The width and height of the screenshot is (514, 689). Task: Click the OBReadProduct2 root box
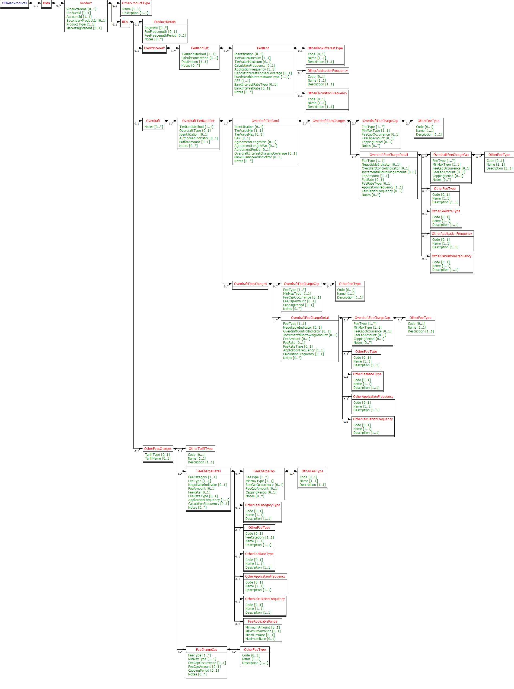[x=14, y=3]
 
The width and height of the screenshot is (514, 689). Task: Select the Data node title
[x=46, y=3]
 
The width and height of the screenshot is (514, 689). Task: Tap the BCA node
[x=125, y=22]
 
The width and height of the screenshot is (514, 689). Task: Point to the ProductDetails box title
[x=165, y=22]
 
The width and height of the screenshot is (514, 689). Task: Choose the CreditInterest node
[x=154, y=48]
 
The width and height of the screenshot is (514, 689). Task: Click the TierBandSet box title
[x=199, y=48]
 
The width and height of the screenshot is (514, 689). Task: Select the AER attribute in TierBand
[x=242, y=81]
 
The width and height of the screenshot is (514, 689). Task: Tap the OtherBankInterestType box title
[x=325, y=48]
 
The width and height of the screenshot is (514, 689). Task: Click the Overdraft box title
[x=153, y=121]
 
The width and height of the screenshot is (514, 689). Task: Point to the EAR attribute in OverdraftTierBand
[x=242, y=138]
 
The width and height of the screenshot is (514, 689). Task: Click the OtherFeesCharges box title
[x=158, y=448]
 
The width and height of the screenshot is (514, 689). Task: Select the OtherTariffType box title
[x=201, y=448]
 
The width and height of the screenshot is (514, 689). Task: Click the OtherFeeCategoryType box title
[x=263, y=505]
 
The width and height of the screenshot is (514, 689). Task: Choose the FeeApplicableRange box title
[x=263, y=621]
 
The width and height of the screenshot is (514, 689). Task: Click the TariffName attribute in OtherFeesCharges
[x=157, y=458]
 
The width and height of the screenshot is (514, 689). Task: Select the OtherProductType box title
[x=136, y=3]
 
